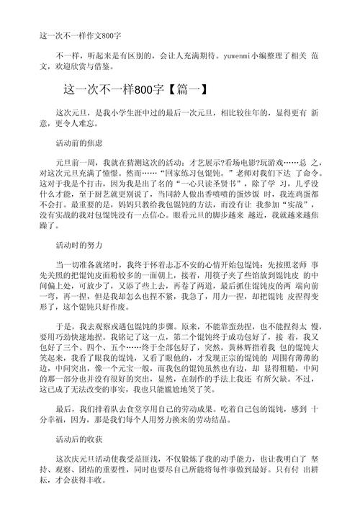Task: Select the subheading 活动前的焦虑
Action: [x=79, y=143]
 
